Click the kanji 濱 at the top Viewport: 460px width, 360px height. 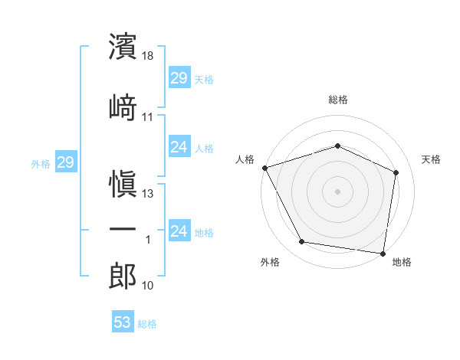click(123, 47)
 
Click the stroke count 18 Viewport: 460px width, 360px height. click(149, 56)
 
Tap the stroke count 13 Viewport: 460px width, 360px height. click(149, 194)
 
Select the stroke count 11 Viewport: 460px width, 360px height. click(148, 116)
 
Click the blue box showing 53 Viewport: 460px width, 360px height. click(123, 322)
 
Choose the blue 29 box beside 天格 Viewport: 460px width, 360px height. click(179, 77)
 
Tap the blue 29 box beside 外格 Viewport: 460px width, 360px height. click(65, 162)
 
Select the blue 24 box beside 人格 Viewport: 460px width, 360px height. click(179, 147)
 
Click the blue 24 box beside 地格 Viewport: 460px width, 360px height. click(179, 231)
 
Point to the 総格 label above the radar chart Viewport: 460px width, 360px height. click(338, 100)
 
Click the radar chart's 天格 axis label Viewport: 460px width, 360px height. click(431, 159)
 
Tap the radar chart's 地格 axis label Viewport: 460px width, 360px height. click(402, 263)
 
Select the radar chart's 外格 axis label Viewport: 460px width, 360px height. click(270, 263)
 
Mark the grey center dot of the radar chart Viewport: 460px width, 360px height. click(337, 191)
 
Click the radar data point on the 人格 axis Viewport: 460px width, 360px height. click(264, 168)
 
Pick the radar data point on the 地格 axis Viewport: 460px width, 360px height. click(383, 253)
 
